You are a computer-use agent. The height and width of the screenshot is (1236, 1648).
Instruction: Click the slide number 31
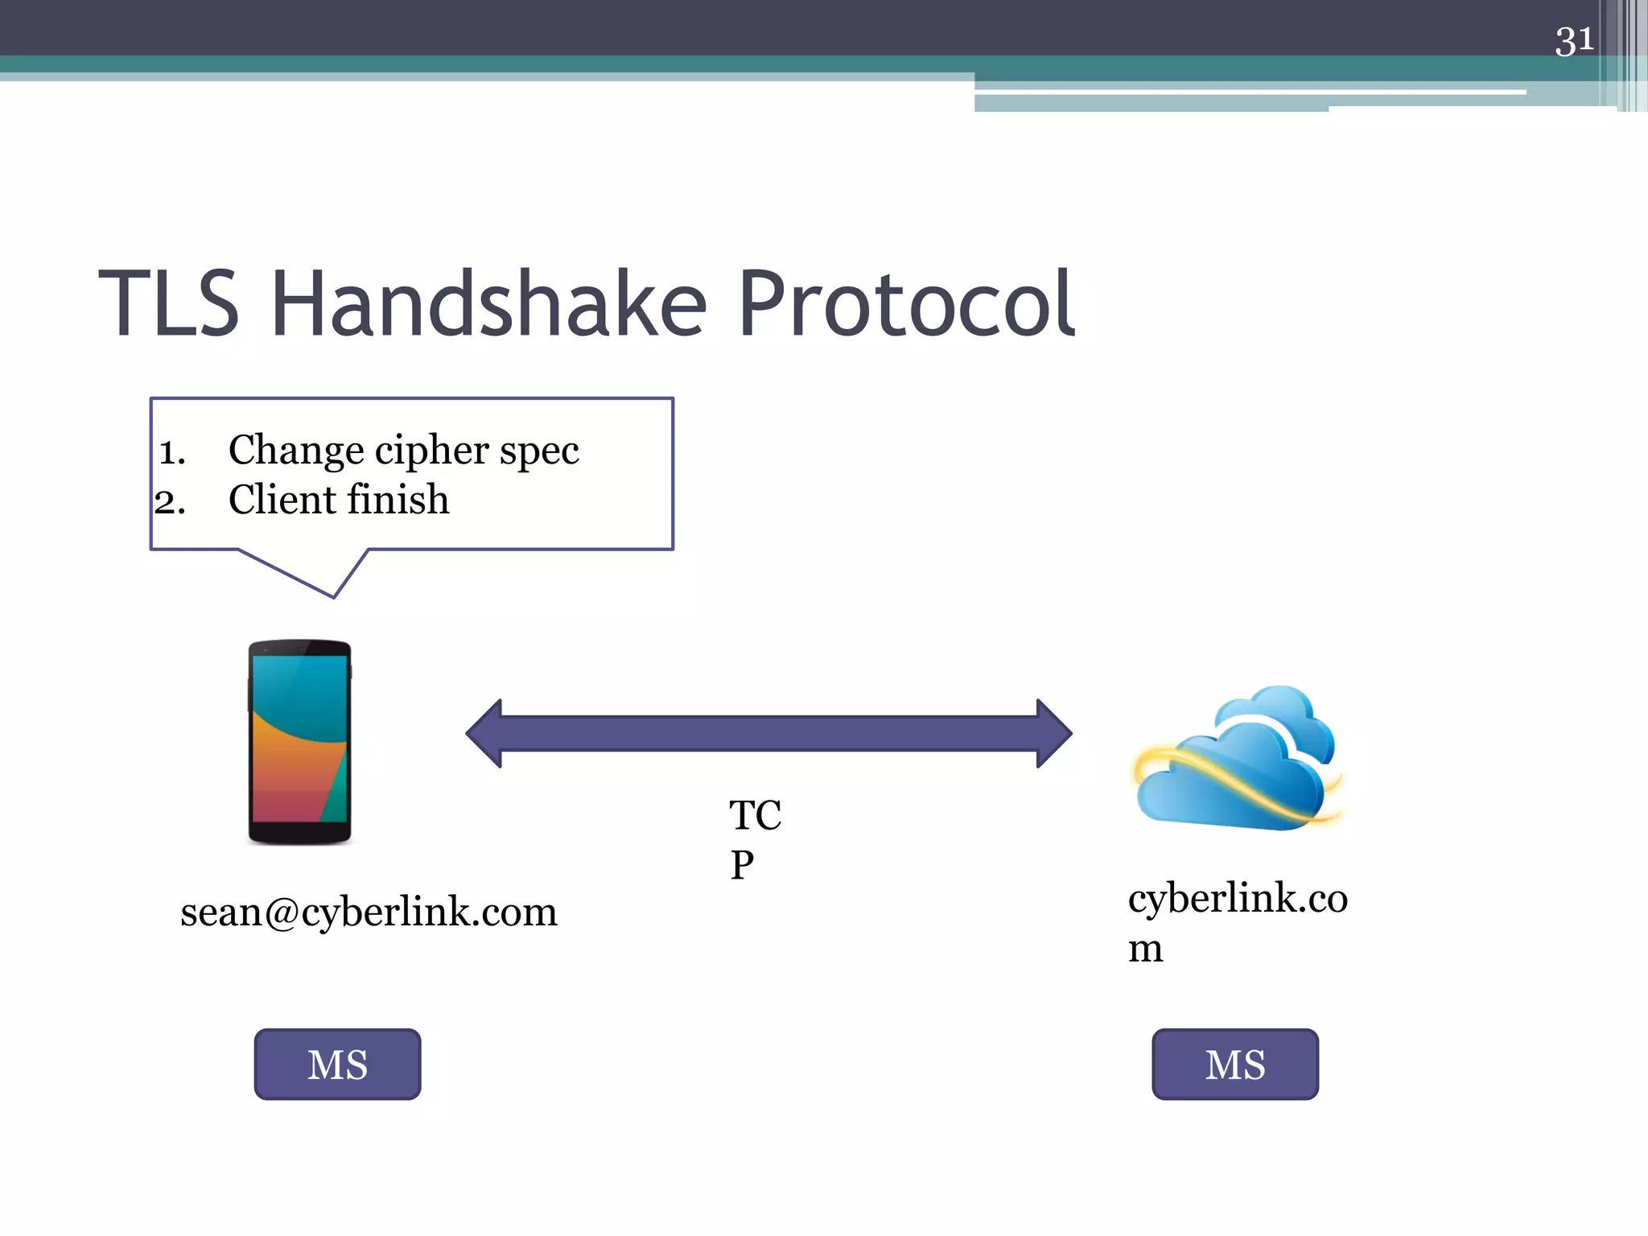(1574, 40)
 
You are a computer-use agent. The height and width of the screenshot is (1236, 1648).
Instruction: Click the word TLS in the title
(169, 304)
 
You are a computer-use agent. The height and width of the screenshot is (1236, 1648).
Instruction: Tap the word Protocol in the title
(906, 304)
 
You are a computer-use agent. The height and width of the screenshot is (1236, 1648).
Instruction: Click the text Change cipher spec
(403, 451)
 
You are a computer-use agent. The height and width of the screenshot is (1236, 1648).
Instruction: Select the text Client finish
(338, 501)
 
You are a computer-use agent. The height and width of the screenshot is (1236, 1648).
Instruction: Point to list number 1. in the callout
(172, 453)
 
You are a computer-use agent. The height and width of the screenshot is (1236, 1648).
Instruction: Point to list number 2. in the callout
(171, 503)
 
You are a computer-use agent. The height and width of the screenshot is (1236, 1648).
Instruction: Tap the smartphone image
(299, 742)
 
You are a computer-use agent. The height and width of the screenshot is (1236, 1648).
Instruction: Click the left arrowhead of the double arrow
(486, 733)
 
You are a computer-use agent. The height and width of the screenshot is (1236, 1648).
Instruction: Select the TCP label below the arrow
(754, 838)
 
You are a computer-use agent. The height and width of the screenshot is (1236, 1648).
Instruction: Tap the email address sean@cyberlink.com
(369, 913)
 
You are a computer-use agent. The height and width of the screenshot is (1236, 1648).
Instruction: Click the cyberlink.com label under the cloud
(1237, 921)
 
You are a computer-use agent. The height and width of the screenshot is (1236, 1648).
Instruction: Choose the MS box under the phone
(337, 1064)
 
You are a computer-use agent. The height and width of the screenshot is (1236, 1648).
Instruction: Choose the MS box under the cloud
(1234, 1064)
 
